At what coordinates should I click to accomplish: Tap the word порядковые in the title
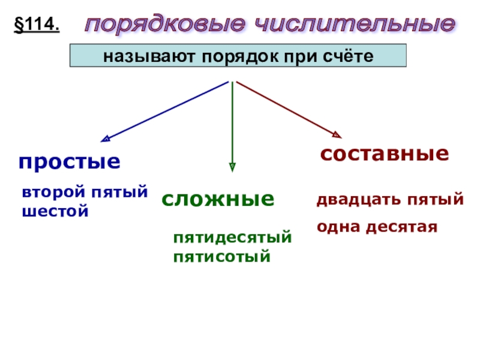coord(165,25)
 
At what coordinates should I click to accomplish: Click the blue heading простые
coord(69,161)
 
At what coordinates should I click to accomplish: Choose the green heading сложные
coord(218,199)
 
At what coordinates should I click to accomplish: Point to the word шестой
coord(55,211)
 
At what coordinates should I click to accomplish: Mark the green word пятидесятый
coord(232,238)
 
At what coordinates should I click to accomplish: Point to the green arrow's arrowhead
coord(232,167)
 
